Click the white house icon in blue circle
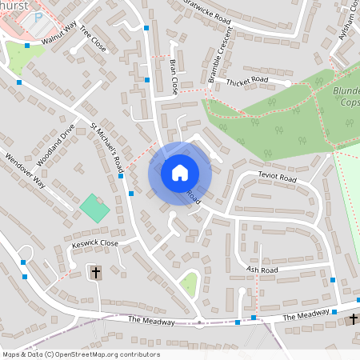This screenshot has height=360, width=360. point(180,173)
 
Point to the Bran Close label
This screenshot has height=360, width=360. point(172,76)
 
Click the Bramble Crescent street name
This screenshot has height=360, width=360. point(220,54)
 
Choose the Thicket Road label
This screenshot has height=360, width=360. point(247,81)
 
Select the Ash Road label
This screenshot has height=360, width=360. point(262,270)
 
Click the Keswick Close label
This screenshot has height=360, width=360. point(94,243)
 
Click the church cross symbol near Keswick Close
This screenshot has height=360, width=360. point(96,273)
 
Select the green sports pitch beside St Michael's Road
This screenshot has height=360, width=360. point(94,210)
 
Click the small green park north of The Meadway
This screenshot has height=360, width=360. point(189,282)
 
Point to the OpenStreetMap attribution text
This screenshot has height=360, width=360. point(81,354)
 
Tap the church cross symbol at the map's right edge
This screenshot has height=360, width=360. point(353,319)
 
